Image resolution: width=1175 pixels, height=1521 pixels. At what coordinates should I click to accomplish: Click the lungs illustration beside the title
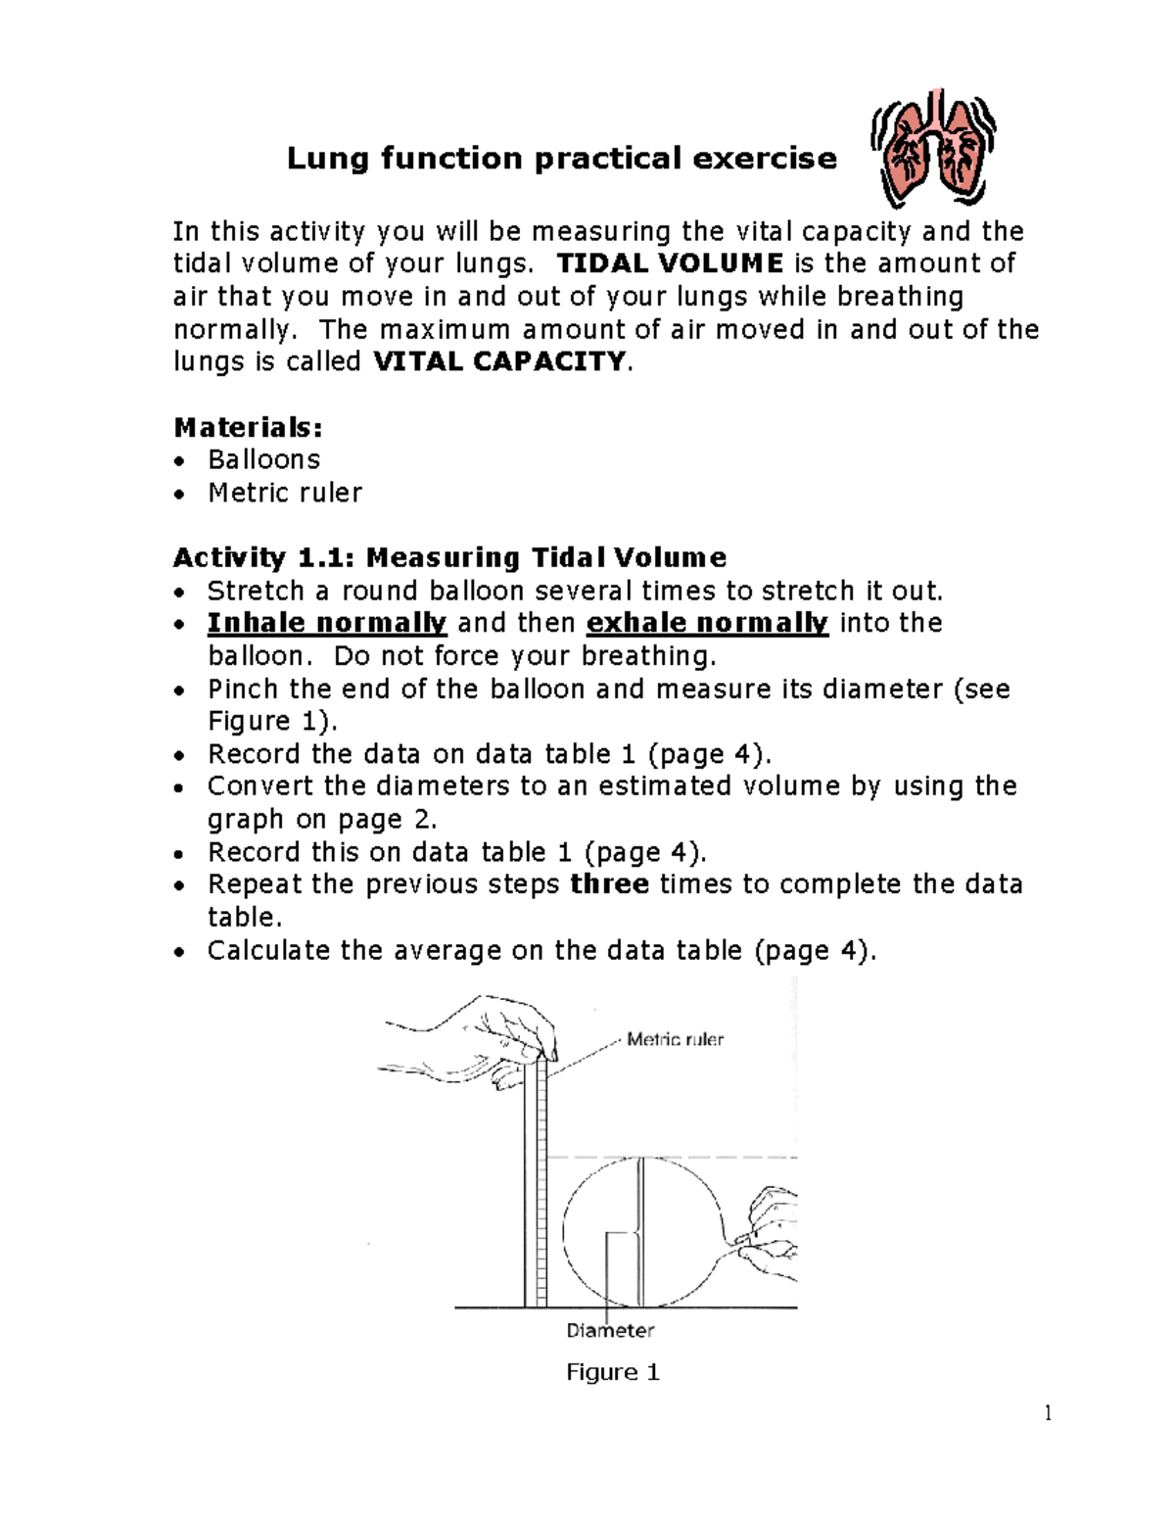[x=932, y=149]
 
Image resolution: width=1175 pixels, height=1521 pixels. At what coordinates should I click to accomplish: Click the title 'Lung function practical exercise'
[x=561, y=159]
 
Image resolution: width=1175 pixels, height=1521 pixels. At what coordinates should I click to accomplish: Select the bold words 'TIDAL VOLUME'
[x=670, y=263]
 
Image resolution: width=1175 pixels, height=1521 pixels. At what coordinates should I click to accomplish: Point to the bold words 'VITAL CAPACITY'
[x=499, y=361]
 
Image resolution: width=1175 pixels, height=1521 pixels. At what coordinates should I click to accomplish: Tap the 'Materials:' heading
[x=248, y=427]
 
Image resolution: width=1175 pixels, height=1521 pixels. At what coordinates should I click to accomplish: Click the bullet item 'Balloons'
[x=263, y=459]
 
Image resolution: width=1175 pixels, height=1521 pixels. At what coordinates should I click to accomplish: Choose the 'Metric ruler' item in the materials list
[x=284, y=493]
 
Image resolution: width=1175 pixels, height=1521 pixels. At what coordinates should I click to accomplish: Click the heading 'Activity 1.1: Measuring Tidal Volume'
[x=449, y=557]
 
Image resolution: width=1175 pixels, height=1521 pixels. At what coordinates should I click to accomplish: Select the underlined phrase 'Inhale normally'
[x=327, y=623]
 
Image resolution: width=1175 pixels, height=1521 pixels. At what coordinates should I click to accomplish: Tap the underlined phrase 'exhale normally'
[x=707, y=623]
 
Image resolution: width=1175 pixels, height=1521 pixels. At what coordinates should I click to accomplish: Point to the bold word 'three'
[x=610, y=884]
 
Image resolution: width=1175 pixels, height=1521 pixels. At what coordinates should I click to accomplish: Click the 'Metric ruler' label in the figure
[x=675, y=1039]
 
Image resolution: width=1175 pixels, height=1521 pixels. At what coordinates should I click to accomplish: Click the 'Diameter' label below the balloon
[x=610, y=1330]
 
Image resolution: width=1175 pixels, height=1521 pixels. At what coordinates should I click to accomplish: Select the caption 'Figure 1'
[x=613, y=1372]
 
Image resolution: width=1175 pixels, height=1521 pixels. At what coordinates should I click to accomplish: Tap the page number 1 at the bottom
[x=1048, y=1412]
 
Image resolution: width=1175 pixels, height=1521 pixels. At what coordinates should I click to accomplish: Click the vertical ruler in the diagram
[x=536, y=1185]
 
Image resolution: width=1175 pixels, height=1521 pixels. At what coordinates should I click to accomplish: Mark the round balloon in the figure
[x=641, y=1232]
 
